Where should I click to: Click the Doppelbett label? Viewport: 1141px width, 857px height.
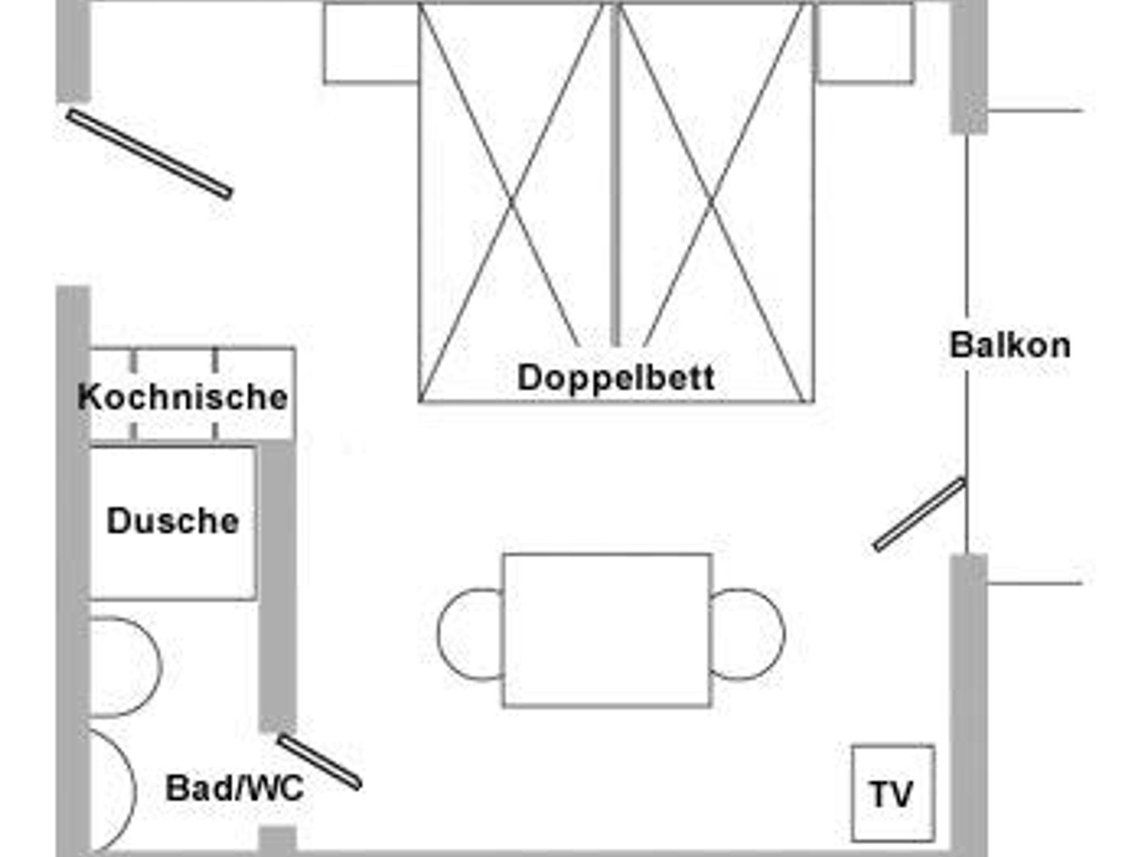(x=616, y=378)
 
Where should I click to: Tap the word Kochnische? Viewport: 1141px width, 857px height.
(x=183, y=397)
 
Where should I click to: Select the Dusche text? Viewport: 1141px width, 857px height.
(x=173, y=521)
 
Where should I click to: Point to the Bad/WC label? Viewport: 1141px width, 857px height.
(x=235, y=788)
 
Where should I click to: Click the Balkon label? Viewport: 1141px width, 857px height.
(x=1010, y=345)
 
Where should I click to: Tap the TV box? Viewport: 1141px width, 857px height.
(x=893, y=793)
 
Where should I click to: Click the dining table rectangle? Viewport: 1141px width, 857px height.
(x=607, y=631)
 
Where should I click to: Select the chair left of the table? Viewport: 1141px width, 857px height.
(x=470, y=634)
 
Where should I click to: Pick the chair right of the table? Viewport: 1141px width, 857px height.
(x=748, y=634)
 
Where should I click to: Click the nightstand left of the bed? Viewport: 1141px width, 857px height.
(x=371, y=43)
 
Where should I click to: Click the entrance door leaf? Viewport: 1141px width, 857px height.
(x=149, y=154)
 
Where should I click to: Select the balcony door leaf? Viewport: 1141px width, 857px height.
(x=919, y=514)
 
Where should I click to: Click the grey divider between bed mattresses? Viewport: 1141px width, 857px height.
(x=615, y=174)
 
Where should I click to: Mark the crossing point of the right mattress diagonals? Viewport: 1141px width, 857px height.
(x=711, y=202)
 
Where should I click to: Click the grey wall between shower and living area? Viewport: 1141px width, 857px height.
(x=277, y=585)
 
